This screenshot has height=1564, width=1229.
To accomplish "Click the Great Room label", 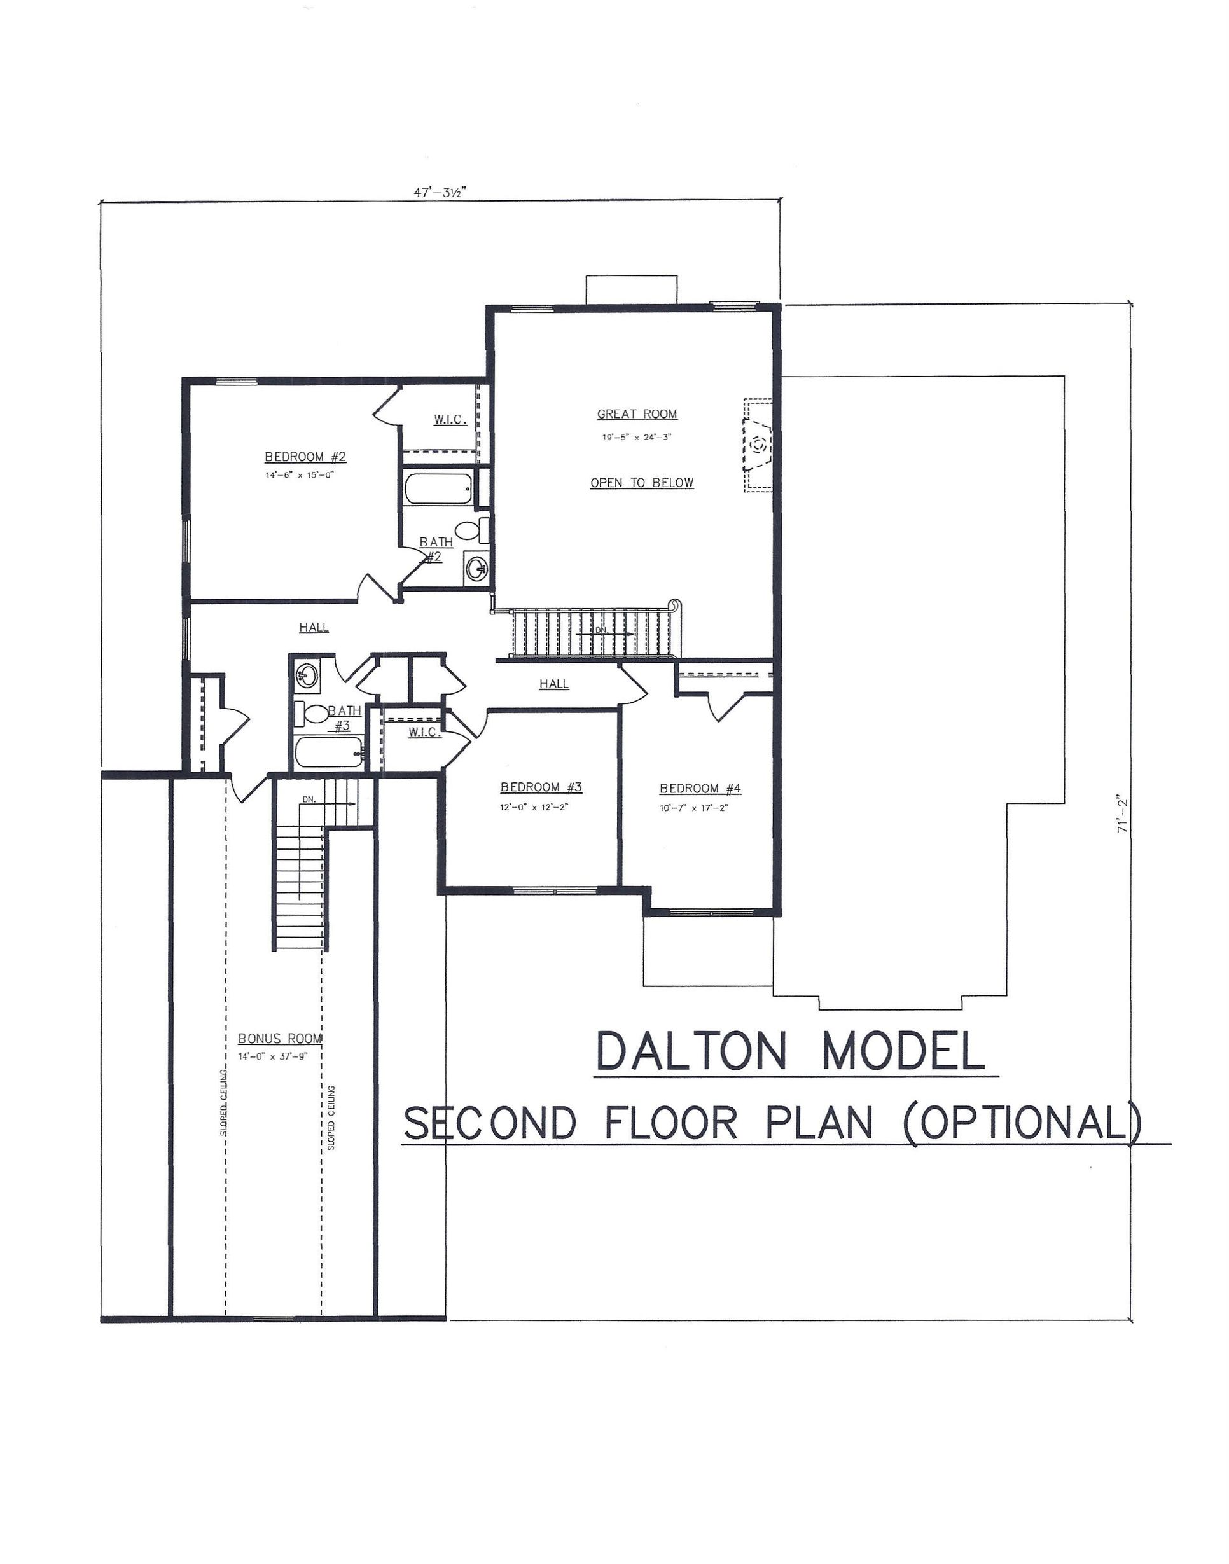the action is [x=637, y=415].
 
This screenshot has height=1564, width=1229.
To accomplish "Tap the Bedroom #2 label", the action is [x=306, y=457].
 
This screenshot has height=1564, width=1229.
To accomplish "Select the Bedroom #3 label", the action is [x=541, y=788].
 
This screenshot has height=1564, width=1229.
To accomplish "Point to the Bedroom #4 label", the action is [x=700, y=789].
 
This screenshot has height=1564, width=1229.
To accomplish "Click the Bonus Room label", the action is [x=280, y=1039].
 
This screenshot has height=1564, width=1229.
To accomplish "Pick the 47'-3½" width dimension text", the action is [x=440, y=192].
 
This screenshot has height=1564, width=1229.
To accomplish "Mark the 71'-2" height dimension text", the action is [x=1121, y=813].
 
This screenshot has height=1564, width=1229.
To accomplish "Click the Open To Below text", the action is [x=642, y=483].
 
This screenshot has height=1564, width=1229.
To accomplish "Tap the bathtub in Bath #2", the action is [x=438, y=488].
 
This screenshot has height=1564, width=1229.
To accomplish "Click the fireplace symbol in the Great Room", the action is [x=758, y=445].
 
